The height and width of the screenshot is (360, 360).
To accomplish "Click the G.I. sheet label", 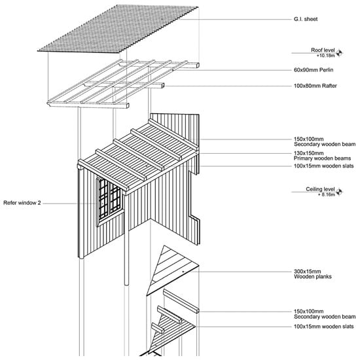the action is click(306, 19).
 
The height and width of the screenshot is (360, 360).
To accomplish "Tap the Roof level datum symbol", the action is click(339, 53).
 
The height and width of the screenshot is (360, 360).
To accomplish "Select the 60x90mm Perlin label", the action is click(314, 70).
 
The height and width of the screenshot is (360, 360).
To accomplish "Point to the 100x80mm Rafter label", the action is click(315, 86).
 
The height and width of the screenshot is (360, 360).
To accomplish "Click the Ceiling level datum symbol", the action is click(339, 192).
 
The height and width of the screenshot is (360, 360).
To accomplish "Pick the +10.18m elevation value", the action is click(325, 56).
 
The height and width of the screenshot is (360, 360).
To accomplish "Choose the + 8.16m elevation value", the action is click(327, 194).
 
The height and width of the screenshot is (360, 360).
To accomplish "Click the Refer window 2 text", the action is click(22, 203).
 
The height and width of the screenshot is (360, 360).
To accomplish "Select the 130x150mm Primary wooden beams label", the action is click(322, 156).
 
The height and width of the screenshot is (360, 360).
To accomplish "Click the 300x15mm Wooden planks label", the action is click(312, 274).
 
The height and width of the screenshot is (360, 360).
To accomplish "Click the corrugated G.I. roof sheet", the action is click(118, 29).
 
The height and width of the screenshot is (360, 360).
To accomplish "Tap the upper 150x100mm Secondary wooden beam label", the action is click(325, 141).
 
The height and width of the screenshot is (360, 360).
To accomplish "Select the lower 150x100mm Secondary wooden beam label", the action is click(325, 314).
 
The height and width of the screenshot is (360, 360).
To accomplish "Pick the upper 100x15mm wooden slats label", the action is click(324, 166).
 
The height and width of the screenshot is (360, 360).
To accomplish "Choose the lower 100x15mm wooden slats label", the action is click(324, 327).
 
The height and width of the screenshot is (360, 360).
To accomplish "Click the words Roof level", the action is click(323, 50).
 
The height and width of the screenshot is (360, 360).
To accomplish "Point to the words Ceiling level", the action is click(320, 189).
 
